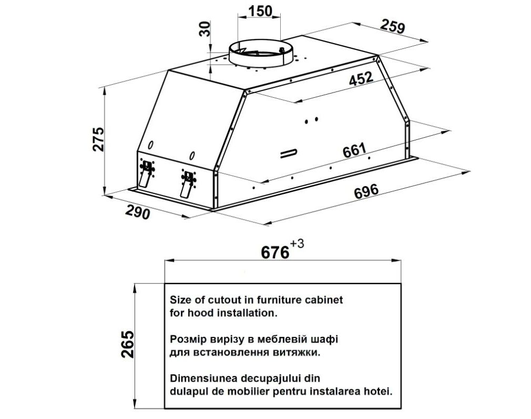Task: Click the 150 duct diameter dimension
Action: tap(260, 11)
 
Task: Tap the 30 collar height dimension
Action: tap(205, 29)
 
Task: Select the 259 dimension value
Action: tap(393, 26)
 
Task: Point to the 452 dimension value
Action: tap(361, 78)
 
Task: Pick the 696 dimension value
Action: tap(366, 191)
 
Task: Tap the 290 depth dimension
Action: tap(138, 212)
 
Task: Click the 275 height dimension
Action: tap(98, 139)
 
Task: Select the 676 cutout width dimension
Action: tap(275, 252)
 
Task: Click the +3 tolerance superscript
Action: tap(297, 244)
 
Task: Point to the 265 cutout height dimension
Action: tap(128, 344)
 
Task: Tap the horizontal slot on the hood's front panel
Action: tap(289, 154)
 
